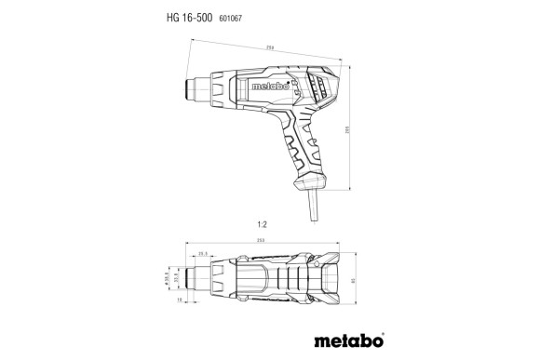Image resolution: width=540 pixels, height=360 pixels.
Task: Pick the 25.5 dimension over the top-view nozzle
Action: click(x=203, y=253)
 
